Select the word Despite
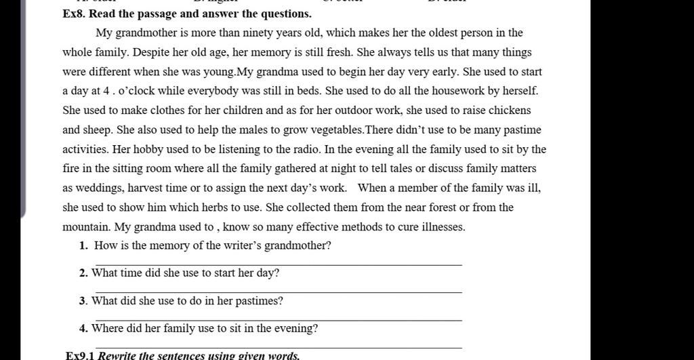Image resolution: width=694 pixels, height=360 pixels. [151, 52]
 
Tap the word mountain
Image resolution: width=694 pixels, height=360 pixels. [85, 227]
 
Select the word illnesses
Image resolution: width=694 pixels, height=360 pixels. [443, 227]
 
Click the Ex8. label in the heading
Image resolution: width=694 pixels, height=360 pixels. [73, 14]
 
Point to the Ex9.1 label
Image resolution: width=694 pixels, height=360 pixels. [80, 355]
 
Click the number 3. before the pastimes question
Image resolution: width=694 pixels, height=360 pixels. [83, 301]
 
